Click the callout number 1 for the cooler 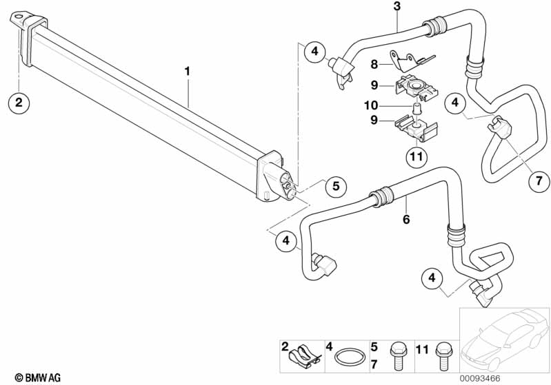pyautogui.click(x=186, y=71)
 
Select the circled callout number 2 pyautogui.click(x=19, y=103)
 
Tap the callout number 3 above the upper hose pyautogui.click(x=397, y=7)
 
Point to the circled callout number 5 pyautogui.click(x=335, y=186)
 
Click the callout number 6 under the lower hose pyautogui.click(x=406, y=219)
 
